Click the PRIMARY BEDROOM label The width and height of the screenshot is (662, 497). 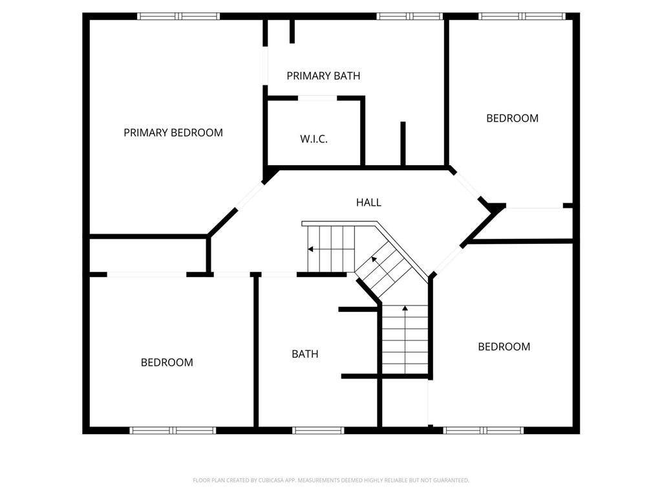[x=173, y=133]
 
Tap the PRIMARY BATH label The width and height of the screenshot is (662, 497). [x=323, y=76]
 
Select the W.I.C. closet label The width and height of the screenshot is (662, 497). [x=314, y=139]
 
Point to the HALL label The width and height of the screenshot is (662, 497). [x=368, y=203]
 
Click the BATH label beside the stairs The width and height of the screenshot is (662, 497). [x=305, y=354]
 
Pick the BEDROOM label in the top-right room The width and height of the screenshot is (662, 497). [x=512, y=118]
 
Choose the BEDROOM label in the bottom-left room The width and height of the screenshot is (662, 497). [x=167, y=362]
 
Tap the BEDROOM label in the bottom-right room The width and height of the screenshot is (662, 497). [x=504, y=347]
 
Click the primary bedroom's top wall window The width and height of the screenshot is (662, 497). [x=178, y=16]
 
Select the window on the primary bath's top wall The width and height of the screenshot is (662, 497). [x=409, y=16]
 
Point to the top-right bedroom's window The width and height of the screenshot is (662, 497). [x=522, y=16]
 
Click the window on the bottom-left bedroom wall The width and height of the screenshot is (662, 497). [x=173, y=430]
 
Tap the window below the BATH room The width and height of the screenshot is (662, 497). [x=318, y=430]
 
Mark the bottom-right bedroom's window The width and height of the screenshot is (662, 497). [x=484, y=430]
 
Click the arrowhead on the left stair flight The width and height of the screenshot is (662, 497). [x=310, y=249]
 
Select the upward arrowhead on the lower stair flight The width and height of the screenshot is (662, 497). [x=405, y=308]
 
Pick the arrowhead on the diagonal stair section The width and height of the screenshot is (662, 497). [x=374, y=259]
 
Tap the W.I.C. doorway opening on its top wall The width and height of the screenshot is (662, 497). [x=317, y=98]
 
